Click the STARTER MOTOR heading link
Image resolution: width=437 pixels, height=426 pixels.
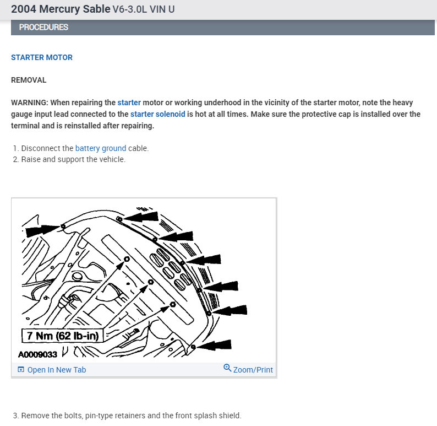(42, 57)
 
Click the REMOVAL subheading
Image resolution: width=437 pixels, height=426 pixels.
(29, 80)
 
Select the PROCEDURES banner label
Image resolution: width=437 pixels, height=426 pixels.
(43, 27)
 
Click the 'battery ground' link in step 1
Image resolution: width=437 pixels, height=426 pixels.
(101, 148)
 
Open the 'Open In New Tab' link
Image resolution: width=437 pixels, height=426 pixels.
(57, 370)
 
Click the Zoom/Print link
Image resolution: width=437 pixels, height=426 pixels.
(253, 370)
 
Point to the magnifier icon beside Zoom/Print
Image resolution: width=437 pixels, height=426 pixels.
(227, 368)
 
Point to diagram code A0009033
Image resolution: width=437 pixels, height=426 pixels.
(41, 354)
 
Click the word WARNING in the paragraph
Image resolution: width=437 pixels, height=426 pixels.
(29, 103)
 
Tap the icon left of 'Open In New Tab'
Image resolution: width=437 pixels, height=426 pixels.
(21, 370)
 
